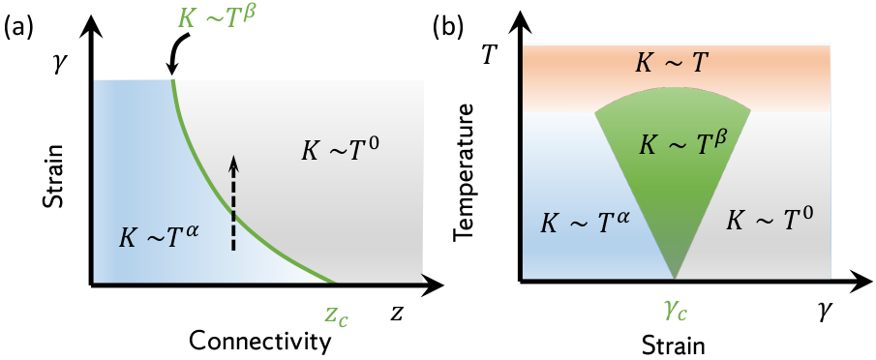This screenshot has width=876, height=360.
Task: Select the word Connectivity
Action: coord(258,341)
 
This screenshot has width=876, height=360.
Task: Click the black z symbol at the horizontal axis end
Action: coord(396,315)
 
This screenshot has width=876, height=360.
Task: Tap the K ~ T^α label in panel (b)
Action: coord(587,222)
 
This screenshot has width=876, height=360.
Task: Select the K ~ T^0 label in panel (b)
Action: coord(769,222)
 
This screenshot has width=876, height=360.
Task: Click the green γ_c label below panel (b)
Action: coord(675,311)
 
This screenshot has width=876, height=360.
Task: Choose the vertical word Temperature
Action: coord(466,172)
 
